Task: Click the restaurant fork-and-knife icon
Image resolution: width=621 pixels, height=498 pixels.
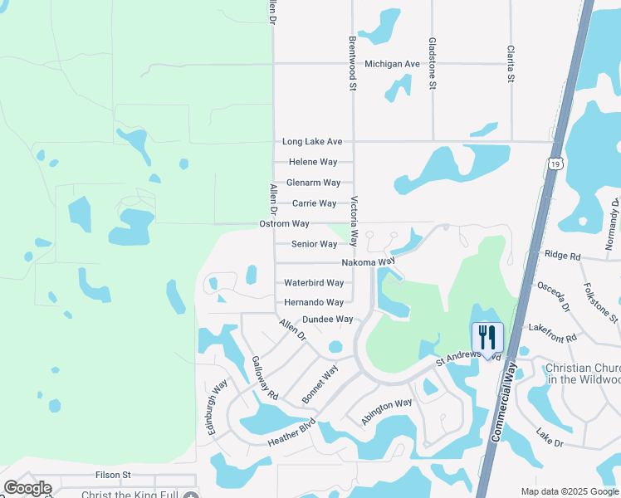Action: (x=488, y=337)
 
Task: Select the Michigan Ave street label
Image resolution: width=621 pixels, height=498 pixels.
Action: (x=393, y=64)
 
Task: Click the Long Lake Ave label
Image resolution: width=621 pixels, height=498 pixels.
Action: (x=312, y=142)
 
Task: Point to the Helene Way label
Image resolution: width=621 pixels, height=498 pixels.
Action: (x=313, y=162)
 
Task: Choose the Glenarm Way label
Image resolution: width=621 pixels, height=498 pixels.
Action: (x=313, y=183)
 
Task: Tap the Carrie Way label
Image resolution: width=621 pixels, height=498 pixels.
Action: (x=314, y=203)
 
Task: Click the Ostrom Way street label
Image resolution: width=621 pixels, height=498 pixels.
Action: (x=284, y=224)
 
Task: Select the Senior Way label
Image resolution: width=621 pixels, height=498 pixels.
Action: (x=315, y=244)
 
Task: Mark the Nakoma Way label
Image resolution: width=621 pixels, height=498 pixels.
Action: (x=368, y=262)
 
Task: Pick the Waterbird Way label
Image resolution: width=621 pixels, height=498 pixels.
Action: (x=314, y=283)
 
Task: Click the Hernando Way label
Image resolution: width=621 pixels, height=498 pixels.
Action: (x=314, y=303)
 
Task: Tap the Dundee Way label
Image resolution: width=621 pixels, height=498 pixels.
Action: (x=327, y=320)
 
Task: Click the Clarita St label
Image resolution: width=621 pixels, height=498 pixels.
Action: (x=511, y=63)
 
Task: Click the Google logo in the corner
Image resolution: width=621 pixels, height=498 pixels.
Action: (x=27, y=488)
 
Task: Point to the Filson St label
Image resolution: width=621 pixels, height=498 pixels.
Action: (x=114, y=475)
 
